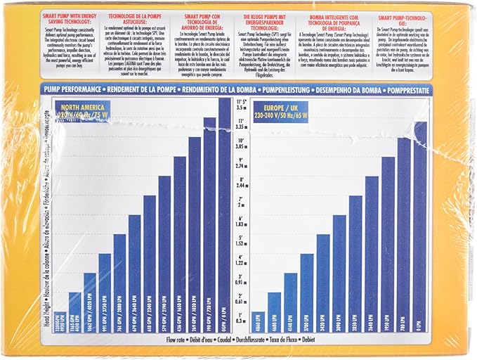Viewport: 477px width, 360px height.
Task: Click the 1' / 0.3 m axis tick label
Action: click(241, 316)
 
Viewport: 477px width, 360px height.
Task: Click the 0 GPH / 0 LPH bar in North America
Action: click(225, 211)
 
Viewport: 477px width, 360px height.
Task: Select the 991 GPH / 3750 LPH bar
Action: click(104, 288)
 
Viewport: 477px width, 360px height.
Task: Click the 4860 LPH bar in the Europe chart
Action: click(258, 320)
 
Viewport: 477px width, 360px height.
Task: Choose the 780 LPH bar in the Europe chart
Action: click(405, 232)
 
